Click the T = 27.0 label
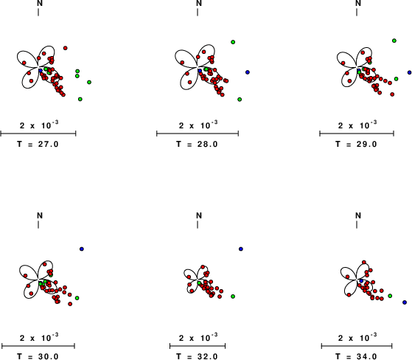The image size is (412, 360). [38, 144]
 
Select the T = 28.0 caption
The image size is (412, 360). [197, 144]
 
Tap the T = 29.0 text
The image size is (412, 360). [356, 144]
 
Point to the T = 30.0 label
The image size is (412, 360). [38, 356]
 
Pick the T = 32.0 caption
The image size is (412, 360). [197, 356]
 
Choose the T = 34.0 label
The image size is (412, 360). [356, 356]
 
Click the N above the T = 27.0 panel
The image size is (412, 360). [40, 3]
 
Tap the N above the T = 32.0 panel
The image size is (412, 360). [199, 215]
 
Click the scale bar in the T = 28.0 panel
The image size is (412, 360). [198, 134]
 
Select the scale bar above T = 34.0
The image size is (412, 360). [357, 346]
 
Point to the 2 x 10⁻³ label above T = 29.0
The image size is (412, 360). [357, 125]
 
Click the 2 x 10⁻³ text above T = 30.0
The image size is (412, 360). [39, 337]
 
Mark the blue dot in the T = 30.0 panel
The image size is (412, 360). [82, 249]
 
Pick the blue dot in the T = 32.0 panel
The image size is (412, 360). [241, 249]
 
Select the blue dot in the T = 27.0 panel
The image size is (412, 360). [41, 71]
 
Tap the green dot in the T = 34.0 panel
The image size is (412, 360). [390, 296]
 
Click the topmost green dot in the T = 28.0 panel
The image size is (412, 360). [233, 42]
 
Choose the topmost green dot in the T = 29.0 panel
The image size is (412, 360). [394, 41]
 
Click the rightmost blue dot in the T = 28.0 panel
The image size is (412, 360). [248, 72]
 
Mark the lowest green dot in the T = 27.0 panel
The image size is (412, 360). [80, 99]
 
